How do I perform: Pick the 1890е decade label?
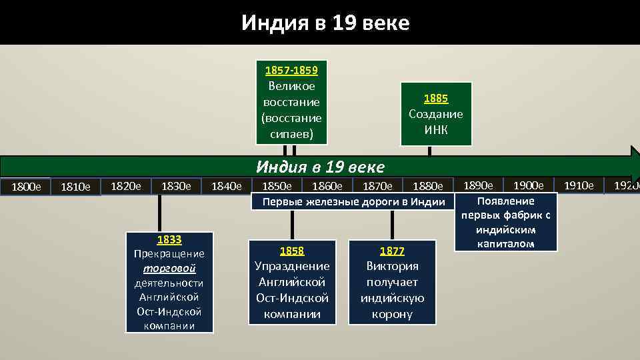click(x=478, y=185)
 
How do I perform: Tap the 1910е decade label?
click(x=578, y=185)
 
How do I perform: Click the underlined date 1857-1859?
click(x=291, y=70)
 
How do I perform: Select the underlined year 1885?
click(x=436, y=98)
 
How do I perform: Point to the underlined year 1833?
click(x=169, y=239)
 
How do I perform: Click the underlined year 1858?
click(x=292, y=251)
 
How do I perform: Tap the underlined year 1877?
click(x=392, y=251)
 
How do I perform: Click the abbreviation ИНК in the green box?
click(x=436, y=129)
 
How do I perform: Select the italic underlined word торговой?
click(x=169, y=269)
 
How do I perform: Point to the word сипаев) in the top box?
click(x=291, y=134)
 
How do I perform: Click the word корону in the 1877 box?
click(x=392, y=313)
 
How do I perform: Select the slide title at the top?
click(x=325, y=23)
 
